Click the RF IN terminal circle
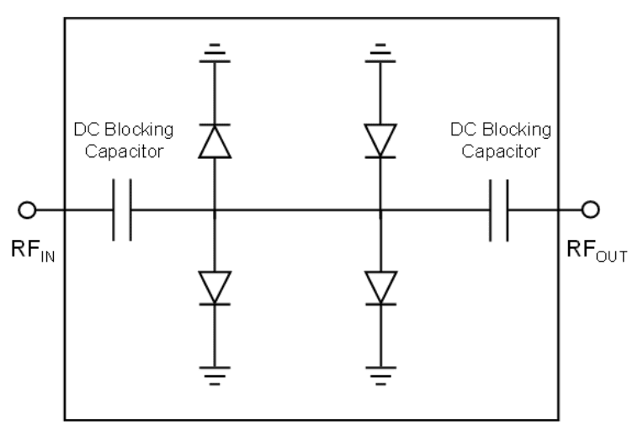pos(28,210)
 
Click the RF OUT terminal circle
pos(591,210)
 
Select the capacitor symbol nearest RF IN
pos(122,210)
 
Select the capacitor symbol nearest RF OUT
pos(498,210)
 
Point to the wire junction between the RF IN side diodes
pos(215,210)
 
